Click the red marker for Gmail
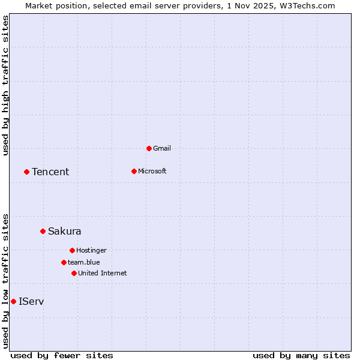pos(149,148)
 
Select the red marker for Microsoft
pos(134,171)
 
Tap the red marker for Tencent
pos(26,172)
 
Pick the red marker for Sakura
pos(43,231)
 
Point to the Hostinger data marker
pos(72,250)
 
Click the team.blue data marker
pos(64,262)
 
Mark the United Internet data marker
pos(74,273)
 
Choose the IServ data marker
pos(13,301)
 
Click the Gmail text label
pos(162,148)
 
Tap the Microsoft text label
pos(152,171)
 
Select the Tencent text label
pos(50,172)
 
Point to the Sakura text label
pos(65,231)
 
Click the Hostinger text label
pos(91,250)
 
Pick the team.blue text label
pos(84,262)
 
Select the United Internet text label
pos(103,273)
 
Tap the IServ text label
pos(31,301)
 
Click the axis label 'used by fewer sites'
pos(62,355)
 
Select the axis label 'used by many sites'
pos(301,355)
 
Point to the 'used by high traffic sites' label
pos(5,85)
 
